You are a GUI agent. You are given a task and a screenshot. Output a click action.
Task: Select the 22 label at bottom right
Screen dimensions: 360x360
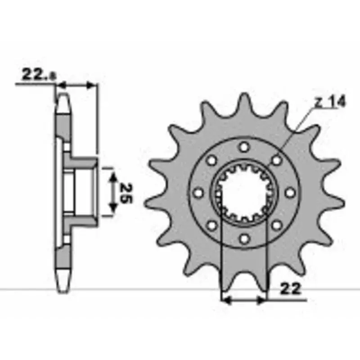click(x=290, y=288)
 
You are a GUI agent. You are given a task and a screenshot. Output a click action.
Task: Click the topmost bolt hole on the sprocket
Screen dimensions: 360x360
click(x=244, y=146)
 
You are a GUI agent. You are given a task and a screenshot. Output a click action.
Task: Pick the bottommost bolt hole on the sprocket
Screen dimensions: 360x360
click(x=244, y=238)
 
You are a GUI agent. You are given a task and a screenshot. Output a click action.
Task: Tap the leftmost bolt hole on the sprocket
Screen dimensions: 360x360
click(x=198, y=193)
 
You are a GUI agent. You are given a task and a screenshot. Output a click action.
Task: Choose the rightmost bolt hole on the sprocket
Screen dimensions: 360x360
click(x=290, y=193)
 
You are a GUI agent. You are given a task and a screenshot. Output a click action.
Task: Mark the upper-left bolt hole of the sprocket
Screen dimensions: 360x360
click(x=211, y=160)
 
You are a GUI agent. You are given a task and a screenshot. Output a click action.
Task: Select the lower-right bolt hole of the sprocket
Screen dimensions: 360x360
click(x=277, y=225)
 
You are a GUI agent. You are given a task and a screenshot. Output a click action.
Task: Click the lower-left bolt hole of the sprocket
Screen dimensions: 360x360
click(x=211, y=225)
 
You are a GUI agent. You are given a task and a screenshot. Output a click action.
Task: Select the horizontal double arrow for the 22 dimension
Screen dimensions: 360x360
click(x=243, y=299)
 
